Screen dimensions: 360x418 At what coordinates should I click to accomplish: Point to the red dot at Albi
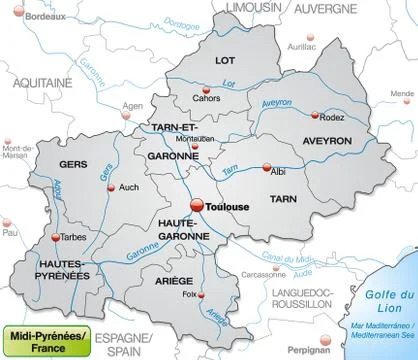266,169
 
